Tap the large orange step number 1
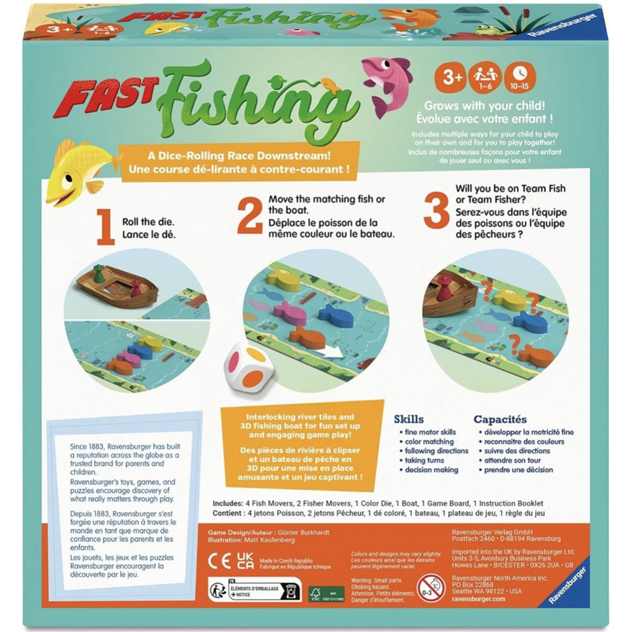click(105, 227)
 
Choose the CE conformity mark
click(219, 562)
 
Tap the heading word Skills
click(409, 419)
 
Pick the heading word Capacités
click(500, 419)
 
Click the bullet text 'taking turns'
click(424, 460)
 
